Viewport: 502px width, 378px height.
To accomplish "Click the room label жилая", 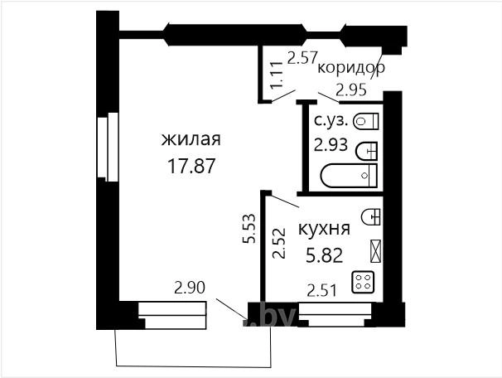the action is tap(191, 139).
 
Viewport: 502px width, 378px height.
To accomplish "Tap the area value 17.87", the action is tap(191, 167).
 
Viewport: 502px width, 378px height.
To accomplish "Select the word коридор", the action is tap(351, 68).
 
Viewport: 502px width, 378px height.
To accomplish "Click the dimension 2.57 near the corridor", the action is tap(302, 58).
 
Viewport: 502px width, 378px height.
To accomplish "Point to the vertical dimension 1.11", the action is tap(276, 75).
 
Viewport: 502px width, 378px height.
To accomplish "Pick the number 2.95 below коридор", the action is tap(350, 90).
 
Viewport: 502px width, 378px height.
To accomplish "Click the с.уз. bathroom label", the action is tap(331, 121).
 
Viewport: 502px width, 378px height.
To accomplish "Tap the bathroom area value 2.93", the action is tap(331, 145).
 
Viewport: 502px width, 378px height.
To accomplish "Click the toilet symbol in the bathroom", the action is tap(365, 121).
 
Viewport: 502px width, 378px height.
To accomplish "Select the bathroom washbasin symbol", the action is tap(367, 151).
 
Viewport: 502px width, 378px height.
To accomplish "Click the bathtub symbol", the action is tap(349, 176).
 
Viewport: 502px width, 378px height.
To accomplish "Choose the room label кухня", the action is tap(324, 229).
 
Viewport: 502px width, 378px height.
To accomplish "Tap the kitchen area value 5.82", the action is tap(325, 255).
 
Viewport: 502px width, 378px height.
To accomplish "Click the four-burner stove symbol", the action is tap(363, 282).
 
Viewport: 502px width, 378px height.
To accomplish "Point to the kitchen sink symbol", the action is tap(371, 217).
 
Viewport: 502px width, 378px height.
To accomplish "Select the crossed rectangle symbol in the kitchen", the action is tap(375, 251).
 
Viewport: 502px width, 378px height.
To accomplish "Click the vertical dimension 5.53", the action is tap(249, 229).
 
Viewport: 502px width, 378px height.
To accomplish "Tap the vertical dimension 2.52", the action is tap(279, 243).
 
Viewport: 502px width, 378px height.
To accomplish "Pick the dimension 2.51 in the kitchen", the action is tap(321, 291).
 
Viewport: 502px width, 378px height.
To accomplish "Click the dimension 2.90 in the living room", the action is tap(190, 288).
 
